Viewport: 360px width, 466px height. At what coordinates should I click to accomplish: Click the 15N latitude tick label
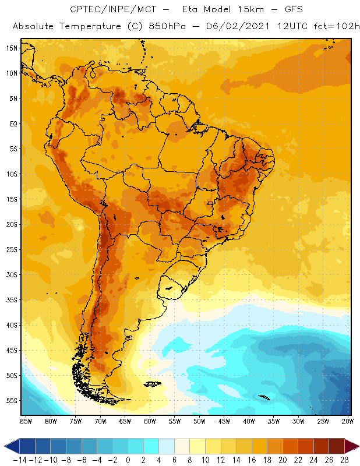tap(12, 48)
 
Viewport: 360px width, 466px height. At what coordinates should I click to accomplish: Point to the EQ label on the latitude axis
tap(13, 123)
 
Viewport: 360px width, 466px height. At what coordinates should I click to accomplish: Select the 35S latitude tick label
tap(12, 299)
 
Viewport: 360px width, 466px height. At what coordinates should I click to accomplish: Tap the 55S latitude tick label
tap(12, 400)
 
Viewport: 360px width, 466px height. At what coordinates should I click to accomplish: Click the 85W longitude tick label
tap(26, 420)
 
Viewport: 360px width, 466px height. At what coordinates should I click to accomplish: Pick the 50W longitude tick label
tap(199, 420)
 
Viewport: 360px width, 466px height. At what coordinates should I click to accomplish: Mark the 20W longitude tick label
tap(348, 420)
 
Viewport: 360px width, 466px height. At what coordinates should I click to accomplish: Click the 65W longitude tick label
tap(125, 420)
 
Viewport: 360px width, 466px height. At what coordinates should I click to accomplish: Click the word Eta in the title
tap(192, 10)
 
